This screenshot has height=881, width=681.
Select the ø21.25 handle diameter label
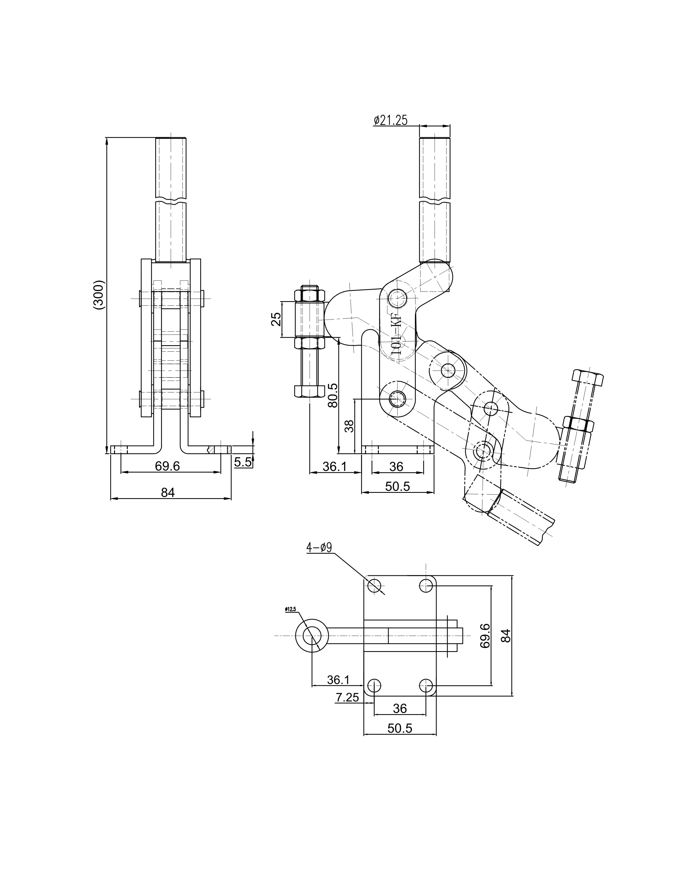390,120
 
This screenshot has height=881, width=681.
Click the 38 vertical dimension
350,426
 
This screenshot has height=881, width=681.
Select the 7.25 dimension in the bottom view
347,697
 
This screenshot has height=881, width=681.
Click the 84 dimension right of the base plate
507,635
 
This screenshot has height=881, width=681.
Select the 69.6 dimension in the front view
167,466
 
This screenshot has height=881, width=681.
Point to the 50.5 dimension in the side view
397,486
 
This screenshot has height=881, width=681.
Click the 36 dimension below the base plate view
400,708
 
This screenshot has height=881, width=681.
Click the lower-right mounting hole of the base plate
426,685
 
